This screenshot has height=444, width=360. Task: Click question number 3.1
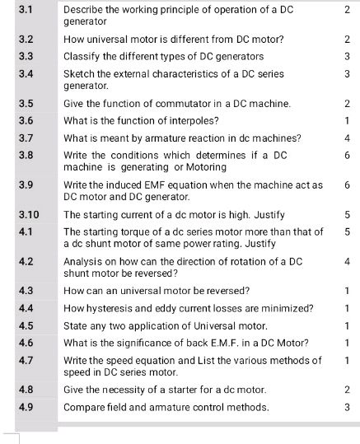(x=26, y=8)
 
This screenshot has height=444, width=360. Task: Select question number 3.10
(x=28, y=215)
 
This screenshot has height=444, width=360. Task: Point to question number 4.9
(x=26, y=407)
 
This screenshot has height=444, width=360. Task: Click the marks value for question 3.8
(x=348, y=156)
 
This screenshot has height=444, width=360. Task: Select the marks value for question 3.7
(x=348, y=138)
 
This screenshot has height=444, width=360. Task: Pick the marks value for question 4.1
(x=348, y=232)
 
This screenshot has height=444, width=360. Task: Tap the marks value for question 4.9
(x=348, y=407)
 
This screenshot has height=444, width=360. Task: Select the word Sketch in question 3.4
(x=79, y=74)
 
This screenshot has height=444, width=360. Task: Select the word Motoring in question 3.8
(x=203, y=167)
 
